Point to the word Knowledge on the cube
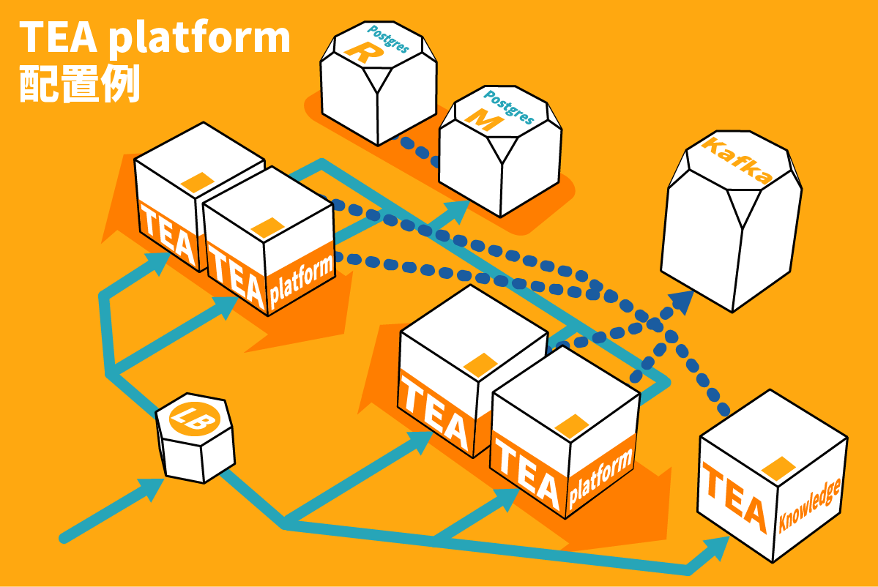click(x=810, y=504)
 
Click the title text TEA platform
click(x=155, y=38)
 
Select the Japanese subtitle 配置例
click(x=79, y=86)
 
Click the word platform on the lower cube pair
click(x=600, y=476)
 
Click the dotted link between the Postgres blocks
click(x=417, y=149)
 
